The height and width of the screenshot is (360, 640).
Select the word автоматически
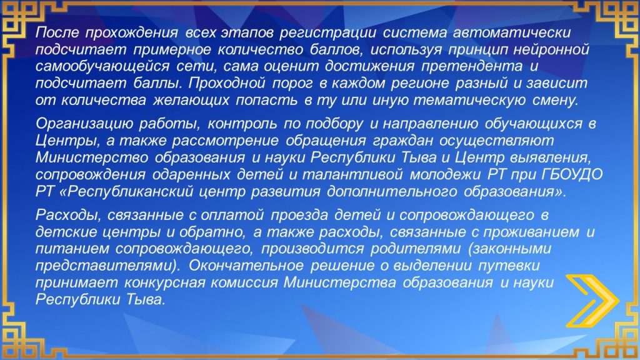(512, 32)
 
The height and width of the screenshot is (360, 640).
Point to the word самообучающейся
(102, 66)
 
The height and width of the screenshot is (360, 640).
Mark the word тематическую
(470, 100)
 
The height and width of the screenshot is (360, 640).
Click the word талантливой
(352, 174)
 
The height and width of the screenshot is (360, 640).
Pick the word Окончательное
(246, 265)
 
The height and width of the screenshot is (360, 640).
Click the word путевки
(509, 265)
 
